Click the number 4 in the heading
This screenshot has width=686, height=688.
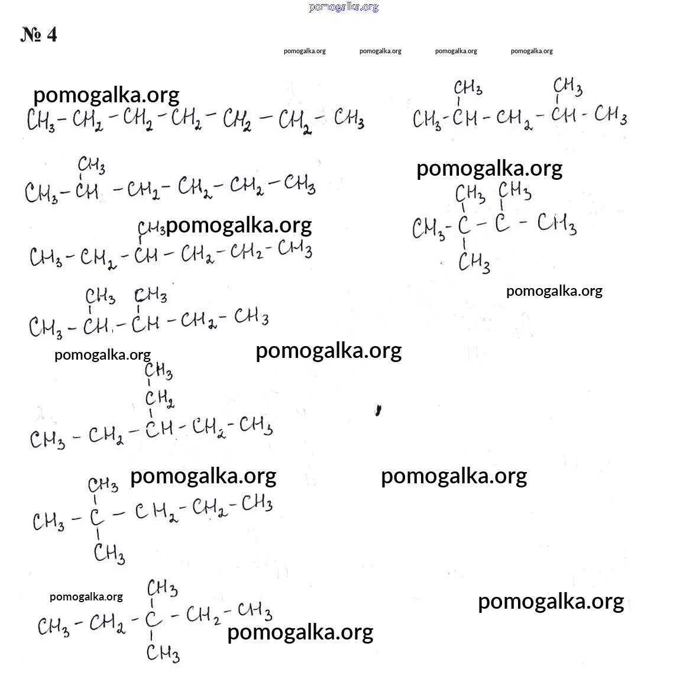pos(51,34)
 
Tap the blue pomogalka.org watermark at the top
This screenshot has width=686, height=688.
pos(344,7)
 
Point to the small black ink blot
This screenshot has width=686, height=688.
pos(378,410)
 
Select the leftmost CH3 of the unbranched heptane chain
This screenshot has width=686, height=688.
pos(41,119)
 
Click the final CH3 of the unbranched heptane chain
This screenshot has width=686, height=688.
pos(349,118)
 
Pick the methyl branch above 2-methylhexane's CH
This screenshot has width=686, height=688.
pos(91,166)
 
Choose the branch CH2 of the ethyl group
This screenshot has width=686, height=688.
pos(160,399)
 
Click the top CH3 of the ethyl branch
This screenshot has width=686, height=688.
pos(158,371)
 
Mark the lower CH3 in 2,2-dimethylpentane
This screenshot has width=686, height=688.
pos(109,553)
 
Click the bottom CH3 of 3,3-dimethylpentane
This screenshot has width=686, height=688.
pos(163,653)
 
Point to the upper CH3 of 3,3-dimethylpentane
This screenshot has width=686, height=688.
pos(162,588)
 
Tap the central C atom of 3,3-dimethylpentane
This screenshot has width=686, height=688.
pos(153,619)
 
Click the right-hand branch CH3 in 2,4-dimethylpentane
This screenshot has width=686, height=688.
pos(568,86)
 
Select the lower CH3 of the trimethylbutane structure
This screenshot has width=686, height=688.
pos(474,263)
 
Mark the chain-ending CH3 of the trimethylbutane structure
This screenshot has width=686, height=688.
pos(556,224)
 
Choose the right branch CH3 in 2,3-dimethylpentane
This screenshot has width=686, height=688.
pos(150,296)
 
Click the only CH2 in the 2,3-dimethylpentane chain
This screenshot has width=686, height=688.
pos(199,321)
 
